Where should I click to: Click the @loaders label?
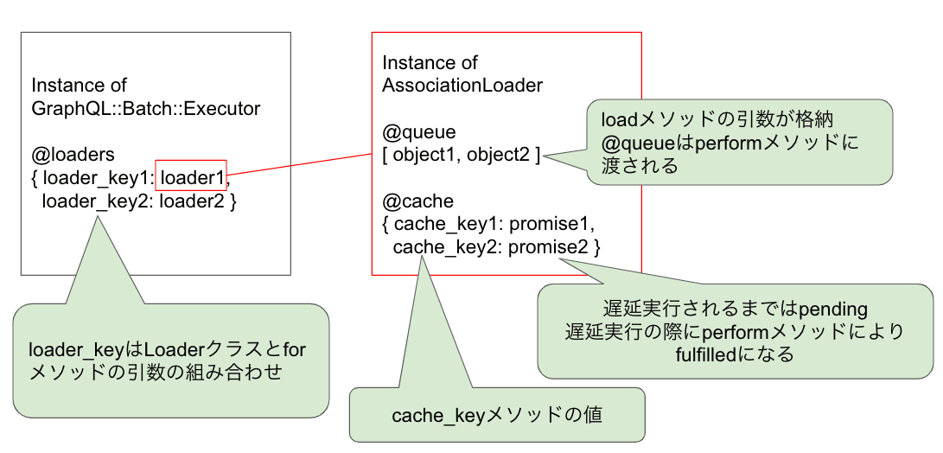pyautogui.click(x=73, y=155)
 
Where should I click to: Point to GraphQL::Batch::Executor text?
pyautogui.click(x=145, y=109)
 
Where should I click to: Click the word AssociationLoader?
pyautogui.click(x=462, y=86)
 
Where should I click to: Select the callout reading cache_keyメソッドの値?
pyautogui.click(x=497, y=415)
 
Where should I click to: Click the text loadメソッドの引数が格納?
pyautogui.click(x=717, y=119)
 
